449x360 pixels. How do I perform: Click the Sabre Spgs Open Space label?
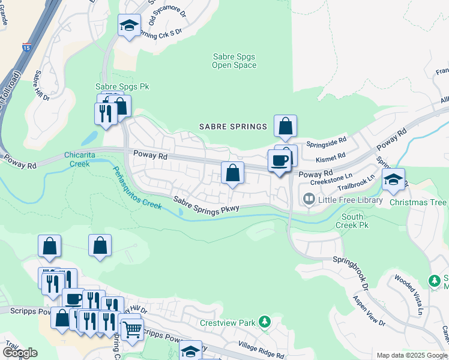point(234,61)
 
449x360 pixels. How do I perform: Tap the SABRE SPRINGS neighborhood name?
point(233,127)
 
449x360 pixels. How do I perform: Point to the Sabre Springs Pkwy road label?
point(206,205)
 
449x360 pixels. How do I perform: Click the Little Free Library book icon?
point(309,198)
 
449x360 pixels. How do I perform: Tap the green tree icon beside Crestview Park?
point(265,323)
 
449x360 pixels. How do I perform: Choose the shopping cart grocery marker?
point(132,328)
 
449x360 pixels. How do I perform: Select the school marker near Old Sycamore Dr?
point(129,25)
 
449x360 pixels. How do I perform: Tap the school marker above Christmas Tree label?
point(393,179)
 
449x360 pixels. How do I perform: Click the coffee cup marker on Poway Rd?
point(279,161)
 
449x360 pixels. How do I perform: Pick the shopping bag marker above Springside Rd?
point(286,126)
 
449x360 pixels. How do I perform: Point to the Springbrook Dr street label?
point(349,269)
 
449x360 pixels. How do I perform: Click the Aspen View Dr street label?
point(369,311)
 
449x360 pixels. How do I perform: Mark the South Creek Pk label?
point(355,221)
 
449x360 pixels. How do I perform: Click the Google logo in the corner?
point(20,352)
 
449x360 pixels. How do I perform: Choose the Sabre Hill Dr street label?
point(41,86)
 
